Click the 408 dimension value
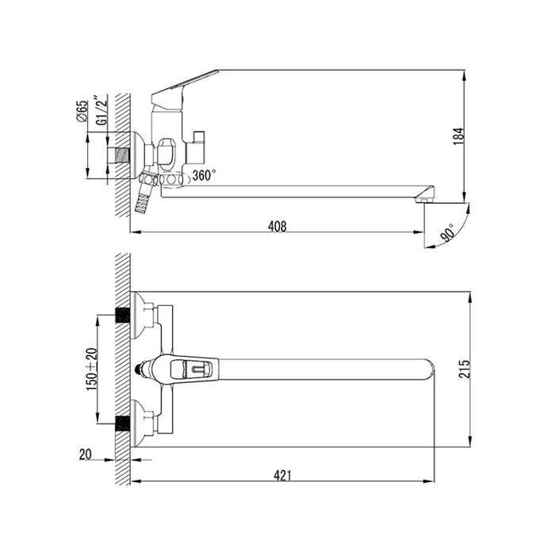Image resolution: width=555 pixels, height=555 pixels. point(277,226)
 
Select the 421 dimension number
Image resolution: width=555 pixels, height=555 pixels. point(282,476)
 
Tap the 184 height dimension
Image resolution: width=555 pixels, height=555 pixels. point(459,136)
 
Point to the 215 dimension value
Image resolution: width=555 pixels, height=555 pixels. point(465,369)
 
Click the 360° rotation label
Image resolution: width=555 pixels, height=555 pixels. point(203,174)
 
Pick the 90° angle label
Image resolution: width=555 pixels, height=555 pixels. point(448,232)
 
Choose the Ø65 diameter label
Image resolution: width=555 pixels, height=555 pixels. point(82,111)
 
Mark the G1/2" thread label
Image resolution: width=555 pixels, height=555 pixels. point(101,109)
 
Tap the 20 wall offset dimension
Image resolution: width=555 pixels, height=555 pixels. point(85,454)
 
